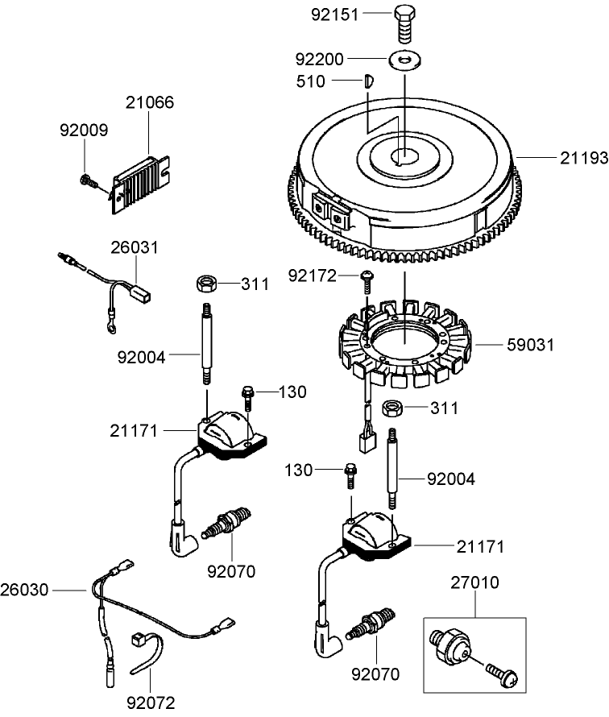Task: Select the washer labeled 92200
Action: (x=404, y=60)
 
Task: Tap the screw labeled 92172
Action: (x=367, y=280)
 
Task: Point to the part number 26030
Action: (x=25, y=591)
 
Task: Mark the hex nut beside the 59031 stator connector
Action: (x=392, y=407)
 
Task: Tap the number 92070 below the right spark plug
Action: (x=375, y=673)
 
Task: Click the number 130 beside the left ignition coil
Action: (x=292, y=392)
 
